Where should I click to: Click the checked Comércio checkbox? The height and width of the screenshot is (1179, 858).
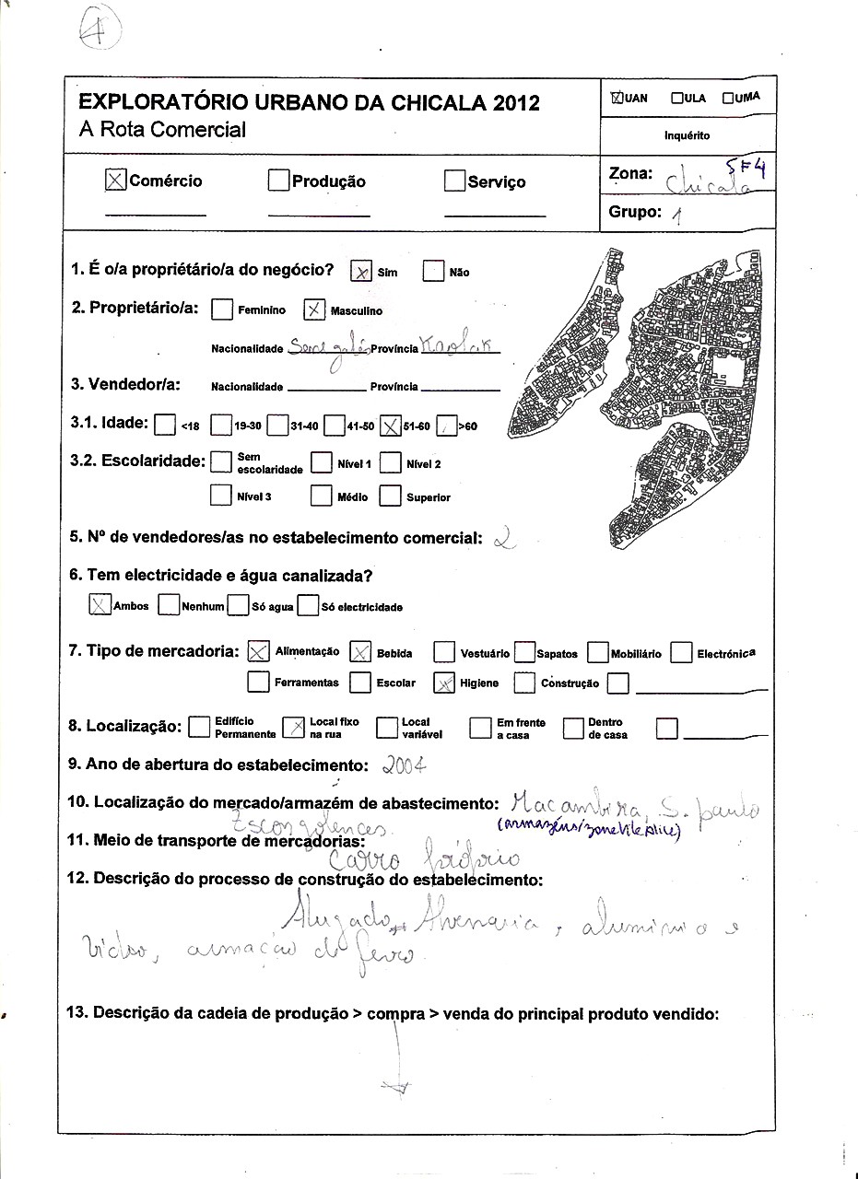pyautogui.click(x=116, y=181)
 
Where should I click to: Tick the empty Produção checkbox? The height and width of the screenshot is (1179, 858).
pyautogui.click(x=279, y=181)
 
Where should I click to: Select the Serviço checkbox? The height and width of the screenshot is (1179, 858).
pyautogui.click(x=454, y=181)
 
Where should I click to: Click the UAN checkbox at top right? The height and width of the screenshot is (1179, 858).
pyautogui.click(x=617, y=98)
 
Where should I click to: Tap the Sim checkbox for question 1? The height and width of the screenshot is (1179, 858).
pyautogui.click(x=361, y=272)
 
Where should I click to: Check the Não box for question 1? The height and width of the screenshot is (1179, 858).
pyautogui.click(x=433, y=272)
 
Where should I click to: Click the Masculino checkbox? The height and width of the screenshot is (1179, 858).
pyautogui.click(x=314, y=310)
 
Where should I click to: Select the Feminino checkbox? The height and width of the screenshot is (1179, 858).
pyautogui.click(x=221, y=310)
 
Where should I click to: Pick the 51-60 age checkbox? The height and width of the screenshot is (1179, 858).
pyautogui.click(x=390, y=426)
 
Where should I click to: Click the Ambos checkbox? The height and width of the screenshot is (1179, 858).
pyautogui.click(x=99, y=605)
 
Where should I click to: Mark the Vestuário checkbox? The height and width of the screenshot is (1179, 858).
pyautogui.click(x=444, y=653)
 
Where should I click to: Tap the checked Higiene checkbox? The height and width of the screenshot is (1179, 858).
pyautogui.click(x=444, y=683)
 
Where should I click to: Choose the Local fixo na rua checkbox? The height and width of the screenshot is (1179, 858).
pyautogui.click(x=293, y=728)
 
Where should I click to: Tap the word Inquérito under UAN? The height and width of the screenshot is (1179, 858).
pyautogui.click(x=688, y=135)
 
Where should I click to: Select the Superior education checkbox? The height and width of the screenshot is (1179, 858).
pyautogui.click(x=391, y=496)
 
